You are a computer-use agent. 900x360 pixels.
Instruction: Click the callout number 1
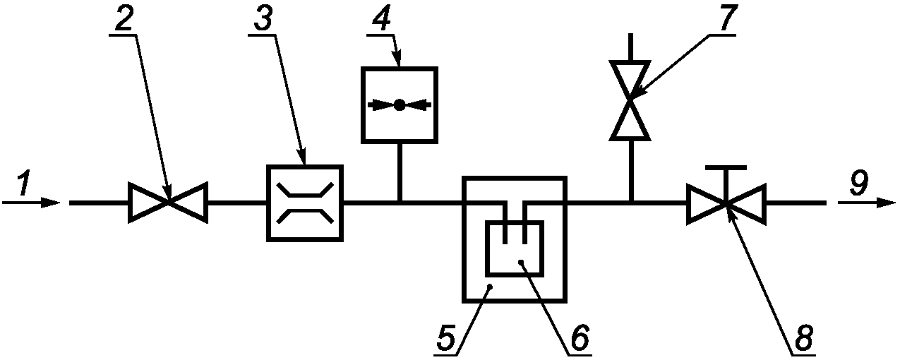(x=23, y=184)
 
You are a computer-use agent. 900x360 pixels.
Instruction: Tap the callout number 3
(x=263, y=21)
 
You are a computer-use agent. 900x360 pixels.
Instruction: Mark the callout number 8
(x=802, y=340)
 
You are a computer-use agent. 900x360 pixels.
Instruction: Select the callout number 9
(x=858, y=184)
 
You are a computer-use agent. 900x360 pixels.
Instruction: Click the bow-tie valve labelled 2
(x=167, y=203)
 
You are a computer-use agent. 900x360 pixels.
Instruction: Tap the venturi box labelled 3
(x=304, y=203)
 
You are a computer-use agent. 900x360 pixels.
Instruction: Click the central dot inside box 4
(x=399, y=105)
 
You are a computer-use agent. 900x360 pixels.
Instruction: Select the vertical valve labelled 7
(x=631, y=100)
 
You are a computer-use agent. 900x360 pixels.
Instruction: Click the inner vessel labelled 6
(x=514, y=248)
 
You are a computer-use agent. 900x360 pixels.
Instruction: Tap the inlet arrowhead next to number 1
(x=52, y=203)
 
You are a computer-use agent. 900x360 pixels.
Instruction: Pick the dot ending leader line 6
(x=521, y=262)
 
